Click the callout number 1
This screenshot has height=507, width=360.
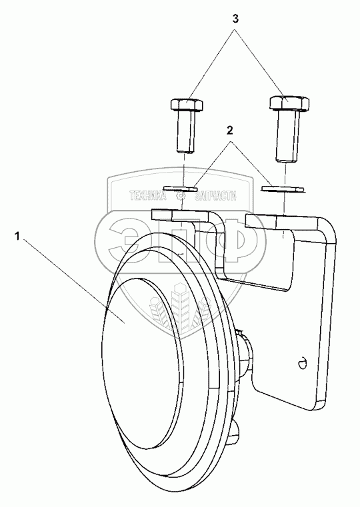click(17, 237)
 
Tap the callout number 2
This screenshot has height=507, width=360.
click(229, 131)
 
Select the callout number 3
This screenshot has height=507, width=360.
click(235, 19)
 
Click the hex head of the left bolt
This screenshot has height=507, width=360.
click(187, 105)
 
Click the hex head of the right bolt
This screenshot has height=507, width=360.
click(289, 103)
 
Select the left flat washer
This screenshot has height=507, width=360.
click(181, 188)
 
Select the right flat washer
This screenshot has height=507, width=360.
click(283, 188)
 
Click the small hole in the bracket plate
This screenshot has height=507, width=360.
click(303, 364)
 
